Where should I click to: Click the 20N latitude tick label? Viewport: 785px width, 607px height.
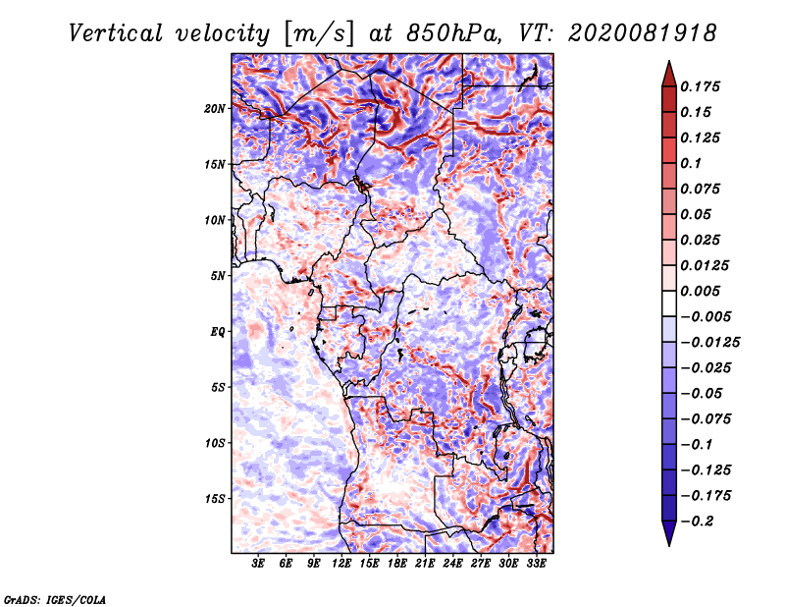click(x=215, y=108)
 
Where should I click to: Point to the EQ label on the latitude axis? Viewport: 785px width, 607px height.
click(x=217, y=332)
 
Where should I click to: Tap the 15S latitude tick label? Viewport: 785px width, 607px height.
click(x=215, y=499)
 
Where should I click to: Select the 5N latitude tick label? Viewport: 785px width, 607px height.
click(x=218, y=276)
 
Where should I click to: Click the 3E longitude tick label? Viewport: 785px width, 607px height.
click(x=258, y=563)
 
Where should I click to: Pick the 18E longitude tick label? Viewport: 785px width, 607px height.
click(x=396, y=563)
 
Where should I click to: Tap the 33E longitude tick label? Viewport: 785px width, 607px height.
click(x=536, y=563)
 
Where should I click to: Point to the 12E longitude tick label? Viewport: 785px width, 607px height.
click(x=340, y=563)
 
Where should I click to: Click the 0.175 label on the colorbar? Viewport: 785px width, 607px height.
click(x=700, y=86)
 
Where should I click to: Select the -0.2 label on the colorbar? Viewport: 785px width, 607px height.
click(x=697, y=522)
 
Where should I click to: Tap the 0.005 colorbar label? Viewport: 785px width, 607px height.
click(x=700, y=291)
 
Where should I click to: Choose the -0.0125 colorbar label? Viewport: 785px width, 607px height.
click(x=709, y=343)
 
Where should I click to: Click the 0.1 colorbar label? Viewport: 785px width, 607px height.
click(x=691, y=163)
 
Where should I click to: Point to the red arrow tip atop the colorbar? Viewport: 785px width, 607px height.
click(x=669, y=62)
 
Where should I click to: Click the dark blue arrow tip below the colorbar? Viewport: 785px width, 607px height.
click(x=669, y=544)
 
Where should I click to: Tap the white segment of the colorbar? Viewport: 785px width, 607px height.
click(x=669, y=303)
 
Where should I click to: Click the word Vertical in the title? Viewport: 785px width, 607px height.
click(x=116, y=33)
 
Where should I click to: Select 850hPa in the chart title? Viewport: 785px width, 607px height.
click(x=453, y=33)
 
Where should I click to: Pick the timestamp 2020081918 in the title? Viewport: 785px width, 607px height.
click(x=643, y=33)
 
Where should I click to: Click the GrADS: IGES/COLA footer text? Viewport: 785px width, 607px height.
click(x=55, y=600)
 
